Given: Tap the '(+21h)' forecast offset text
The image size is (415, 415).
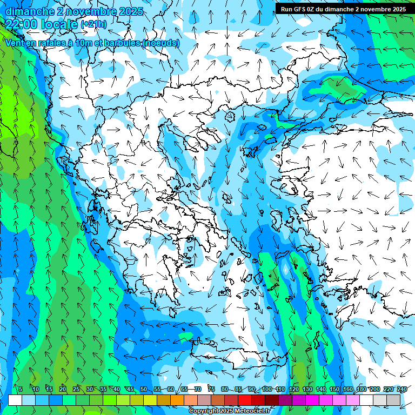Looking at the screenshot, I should pyautogui.click(x=93, y=24).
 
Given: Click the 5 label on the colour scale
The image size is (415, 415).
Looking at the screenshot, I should pyautogui.click(x=21, y=389).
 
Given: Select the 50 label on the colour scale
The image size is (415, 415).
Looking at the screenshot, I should pyautogui.click(x=143, y=389).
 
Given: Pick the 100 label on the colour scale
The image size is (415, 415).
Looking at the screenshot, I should pyautogui.click(x=266, y=389).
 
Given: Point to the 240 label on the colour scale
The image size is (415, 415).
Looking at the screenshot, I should pyautogui.click(x=401, y=389).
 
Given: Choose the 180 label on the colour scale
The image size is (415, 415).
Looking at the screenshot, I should pyautogui.click(x=362, y=389).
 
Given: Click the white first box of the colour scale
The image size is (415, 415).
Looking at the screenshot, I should pyautogui.click(x=15, y=400).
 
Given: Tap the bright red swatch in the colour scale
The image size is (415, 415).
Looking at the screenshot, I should pyautogui.click(x=245, y=400).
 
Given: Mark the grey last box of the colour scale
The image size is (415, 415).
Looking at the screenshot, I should pyautogui.click(x=393, y=400).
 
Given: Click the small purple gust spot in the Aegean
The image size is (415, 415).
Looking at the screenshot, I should pyautogui.click(x=285, y=267).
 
